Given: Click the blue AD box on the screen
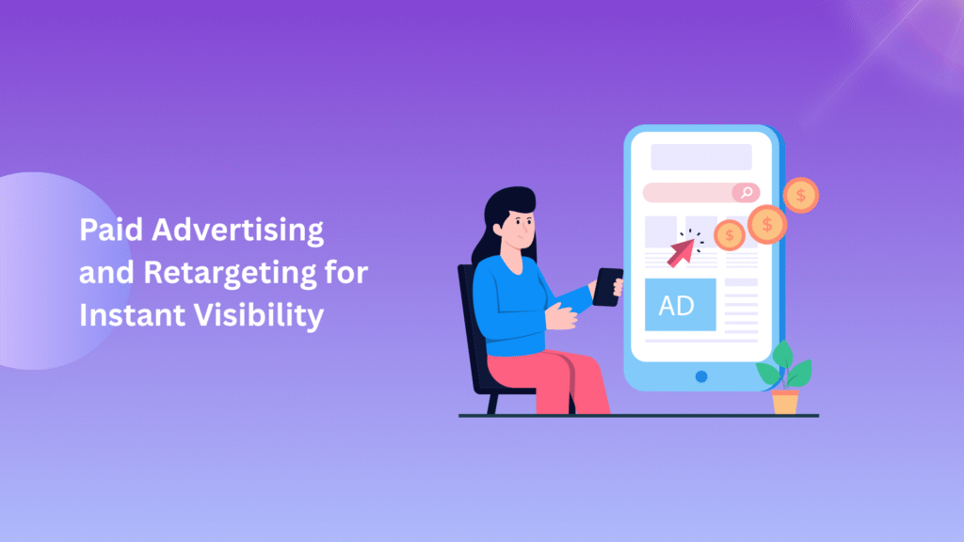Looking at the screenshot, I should point(680,305).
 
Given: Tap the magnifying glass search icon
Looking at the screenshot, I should point(746,193).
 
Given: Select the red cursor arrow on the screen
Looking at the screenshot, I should point(683,250).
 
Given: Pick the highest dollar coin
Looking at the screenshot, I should point(801,196).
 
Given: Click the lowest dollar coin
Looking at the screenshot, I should point(730,235).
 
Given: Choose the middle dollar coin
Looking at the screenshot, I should point(767,224).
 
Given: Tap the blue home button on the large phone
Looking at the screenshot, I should point(701,376).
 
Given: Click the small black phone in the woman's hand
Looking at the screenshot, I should point(608,287).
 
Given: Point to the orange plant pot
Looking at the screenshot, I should point(785,402).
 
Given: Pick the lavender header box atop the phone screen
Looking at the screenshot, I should point(701,157).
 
